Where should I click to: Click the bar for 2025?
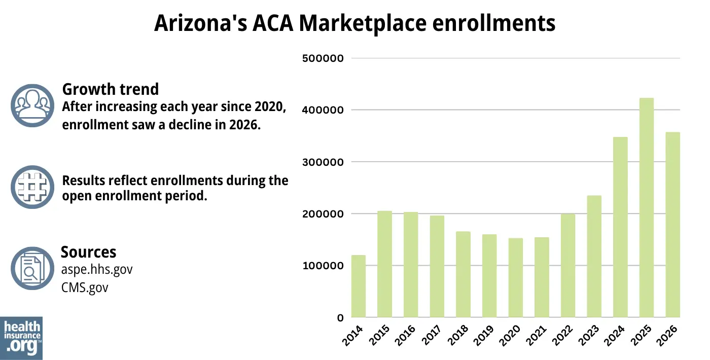tap(647, 208)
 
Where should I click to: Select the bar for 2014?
tap(358, 286)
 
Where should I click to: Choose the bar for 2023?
tap(594, 257)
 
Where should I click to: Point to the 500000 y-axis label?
tap(323, 58)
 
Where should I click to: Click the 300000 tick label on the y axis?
tap(323, 162)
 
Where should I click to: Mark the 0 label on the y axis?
tap(340, 318)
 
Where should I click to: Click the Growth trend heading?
tap(110, 89)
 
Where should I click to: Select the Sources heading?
tap(88, 252)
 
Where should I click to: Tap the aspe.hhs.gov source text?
tap(96, 270)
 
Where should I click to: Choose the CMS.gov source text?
tap(84, 287)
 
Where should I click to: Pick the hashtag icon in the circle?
tap(32, 187)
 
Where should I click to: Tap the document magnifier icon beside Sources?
tap(32, 268)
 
